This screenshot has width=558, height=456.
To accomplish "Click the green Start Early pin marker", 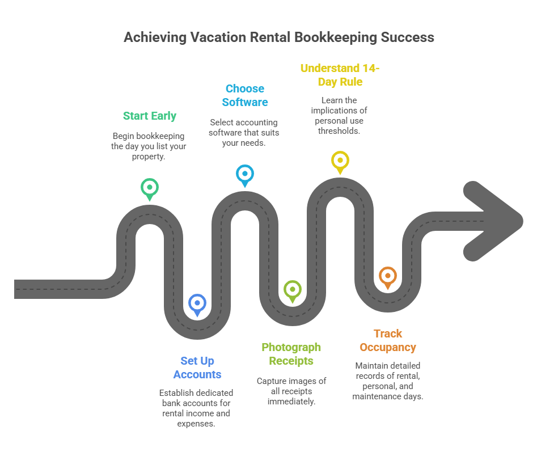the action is click(x=149, y=188).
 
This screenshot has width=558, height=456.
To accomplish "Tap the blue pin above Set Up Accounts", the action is click(x=197, y=303).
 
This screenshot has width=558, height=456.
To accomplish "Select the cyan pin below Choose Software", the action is click(x=244, y=174).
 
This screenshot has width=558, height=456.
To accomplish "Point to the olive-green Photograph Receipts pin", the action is click(x=292, y=290).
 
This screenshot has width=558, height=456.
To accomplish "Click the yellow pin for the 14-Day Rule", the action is click(x=340, y=161).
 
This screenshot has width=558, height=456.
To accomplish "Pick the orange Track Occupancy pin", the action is click(x=387, y=276).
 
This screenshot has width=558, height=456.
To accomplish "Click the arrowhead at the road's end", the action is click(x=492, y=221).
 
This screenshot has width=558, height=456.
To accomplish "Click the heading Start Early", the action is click(x=150, y=116).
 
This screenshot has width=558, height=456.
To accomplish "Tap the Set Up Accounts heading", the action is click(x=197, y=368).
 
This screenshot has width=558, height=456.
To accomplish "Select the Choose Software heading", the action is click(x=245, y=95).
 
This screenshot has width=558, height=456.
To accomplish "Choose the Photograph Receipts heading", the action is click(x=291, y=354).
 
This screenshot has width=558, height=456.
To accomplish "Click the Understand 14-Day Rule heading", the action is click(x=340, y=75).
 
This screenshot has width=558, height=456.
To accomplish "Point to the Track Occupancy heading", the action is click(x=388, y=340).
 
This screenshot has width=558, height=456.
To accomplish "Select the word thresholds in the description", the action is click(x=340, y=131).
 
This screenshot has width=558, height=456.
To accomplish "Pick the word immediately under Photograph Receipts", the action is click(x=291, y=402).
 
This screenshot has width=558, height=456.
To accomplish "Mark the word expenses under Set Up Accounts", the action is click(x=196, y=424).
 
